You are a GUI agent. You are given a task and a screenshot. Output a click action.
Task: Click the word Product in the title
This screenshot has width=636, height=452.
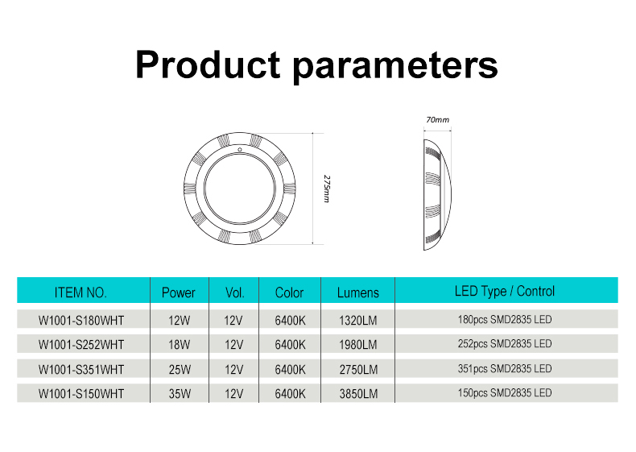point(208,64)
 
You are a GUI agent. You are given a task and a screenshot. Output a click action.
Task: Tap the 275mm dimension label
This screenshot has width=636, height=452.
point(327,189)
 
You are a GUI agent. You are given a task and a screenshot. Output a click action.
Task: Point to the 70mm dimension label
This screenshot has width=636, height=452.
point(438,120)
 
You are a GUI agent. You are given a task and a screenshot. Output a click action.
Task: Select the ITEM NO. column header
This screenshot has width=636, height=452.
point(81,292)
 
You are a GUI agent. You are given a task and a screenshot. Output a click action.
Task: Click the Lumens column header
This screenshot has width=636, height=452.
point(357,292)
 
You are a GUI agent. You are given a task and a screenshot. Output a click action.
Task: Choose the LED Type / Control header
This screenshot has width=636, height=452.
point(505,291)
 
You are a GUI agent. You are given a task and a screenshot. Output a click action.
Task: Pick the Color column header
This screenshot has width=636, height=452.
point(289,292)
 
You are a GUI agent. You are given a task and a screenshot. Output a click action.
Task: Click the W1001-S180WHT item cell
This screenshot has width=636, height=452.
point(81,321)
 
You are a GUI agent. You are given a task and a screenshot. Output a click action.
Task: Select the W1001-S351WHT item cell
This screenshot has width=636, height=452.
point(81,370)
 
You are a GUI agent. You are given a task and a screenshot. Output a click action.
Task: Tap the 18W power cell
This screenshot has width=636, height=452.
point(180,345)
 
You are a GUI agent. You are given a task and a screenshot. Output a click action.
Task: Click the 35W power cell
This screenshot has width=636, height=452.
point(180,393)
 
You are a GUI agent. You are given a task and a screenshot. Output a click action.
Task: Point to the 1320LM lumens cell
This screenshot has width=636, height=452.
point(358,321)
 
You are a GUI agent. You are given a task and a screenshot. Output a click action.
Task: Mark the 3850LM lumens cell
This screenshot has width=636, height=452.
point(358,393)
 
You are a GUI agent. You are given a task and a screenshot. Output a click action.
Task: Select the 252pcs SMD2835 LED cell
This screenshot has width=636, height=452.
point(505,343)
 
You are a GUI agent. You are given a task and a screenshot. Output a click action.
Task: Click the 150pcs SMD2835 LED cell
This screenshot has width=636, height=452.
point(505,392)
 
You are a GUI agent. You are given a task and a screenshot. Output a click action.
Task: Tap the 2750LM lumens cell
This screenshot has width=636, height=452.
point(358,370)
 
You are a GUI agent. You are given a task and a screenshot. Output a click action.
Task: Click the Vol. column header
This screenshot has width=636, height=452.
point(235,292)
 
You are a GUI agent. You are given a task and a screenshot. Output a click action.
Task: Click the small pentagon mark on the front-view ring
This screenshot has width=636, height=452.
point(240,149)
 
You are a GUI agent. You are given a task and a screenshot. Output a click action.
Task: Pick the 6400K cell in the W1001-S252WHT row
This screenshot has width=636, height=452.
point(290,345)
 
